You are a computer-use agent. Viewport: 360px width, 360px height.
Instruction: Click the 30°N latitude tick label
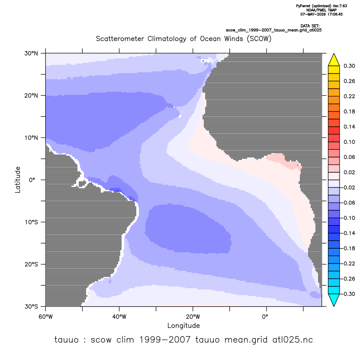pyautogui.click(x=31, y=53)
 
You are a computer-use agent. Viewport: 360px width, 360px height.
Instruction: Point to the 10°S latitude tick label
pyautogui.click(x=31, y=222)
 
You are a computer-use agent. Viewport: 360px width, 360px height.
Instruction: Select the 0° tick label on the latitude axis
pyautogui.click(x=32, y=180)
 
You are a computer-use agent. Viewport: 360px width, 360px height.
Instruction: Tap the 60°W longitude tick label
pyautogui.click(x=46, y=317)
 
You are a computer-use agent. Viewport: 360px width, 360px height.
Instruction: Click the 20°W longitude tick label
pyautogui.click(x=193, y=317)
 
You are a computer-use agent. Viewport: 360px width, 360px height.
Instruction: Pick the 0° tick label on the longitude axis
pyautogui.click(x=265, y=317)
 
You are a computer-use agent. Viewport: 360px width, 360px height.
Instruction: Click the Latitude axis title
pyautogui.click(x=18, y=180)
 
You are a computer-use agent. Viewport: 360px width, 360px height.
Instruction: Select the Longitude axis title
pyautogui.click(x=183, y=325)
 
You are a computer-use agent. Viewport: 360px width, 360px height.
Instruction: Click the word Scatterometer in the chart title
pyautogui.click(x=120, y=39)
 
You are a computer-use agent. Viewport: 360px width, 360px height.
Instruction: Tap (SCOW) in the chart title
pyautogui.click(x=259, y=39)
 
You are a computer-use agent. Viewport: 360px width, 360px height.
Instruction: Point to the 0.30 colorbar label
pyautogui.click(x=349, y=66)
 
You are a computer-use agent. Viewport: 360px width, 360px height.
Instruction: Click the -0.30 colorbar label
pyautogui.click(x=348, y=294)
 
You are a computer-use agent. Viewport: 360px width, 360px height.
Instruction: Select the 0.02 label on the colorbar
pyautogui.click(x=349, y=172)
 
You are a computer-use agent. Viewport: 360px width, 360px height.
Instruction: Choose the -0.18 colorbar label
pyautogui.click(x=348, y=248)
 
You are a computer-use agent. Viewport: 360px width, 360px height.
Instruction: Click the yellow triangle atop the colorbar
pyautogui.click(x=334, y=60)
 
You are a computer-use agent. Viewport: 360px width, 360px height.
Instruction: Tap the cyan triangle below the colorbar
pyautogui.click(x=334, y=300)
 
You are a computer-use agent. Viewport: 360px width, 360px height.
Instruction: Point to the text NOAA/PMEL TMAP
pyautogui.click(x=321, y=10)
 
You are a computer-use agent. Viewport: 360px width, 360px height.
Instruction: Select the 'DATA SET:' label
pyautogui.click(x=310, y=26)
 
